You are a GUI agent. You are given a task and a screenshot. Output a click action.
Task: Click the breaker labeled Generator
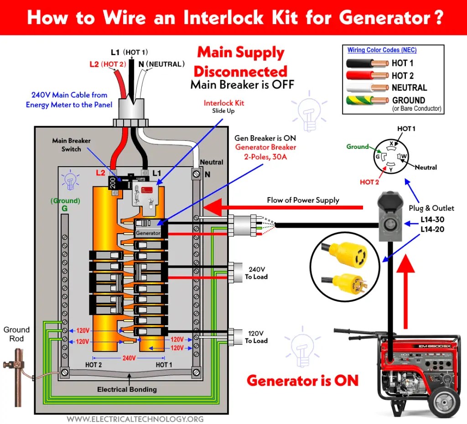coord(148,233)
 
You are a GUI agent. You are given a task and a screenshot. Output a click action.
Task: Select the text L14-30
coord(432,220)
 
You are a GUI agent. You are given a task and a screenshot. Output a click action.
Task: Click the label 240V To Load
coord(256,273)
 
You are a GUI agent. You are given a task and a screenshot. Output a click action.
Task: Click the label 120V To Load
coord(256,337)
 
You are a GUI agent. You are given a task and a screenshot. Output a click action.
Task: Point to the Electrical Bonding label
coord(127,389)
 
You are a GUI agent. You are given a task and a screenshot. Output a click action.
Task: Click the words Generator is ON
coord(302,380)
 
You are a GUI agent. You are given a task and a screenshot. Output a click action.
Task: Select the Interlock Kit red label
coord(223,103)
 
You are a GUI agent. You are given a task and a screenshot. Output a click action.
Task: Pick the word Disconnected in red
coord(240,71)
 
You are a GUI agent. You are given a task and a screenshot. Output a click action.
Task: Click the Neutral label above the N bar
coord(212,162)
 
